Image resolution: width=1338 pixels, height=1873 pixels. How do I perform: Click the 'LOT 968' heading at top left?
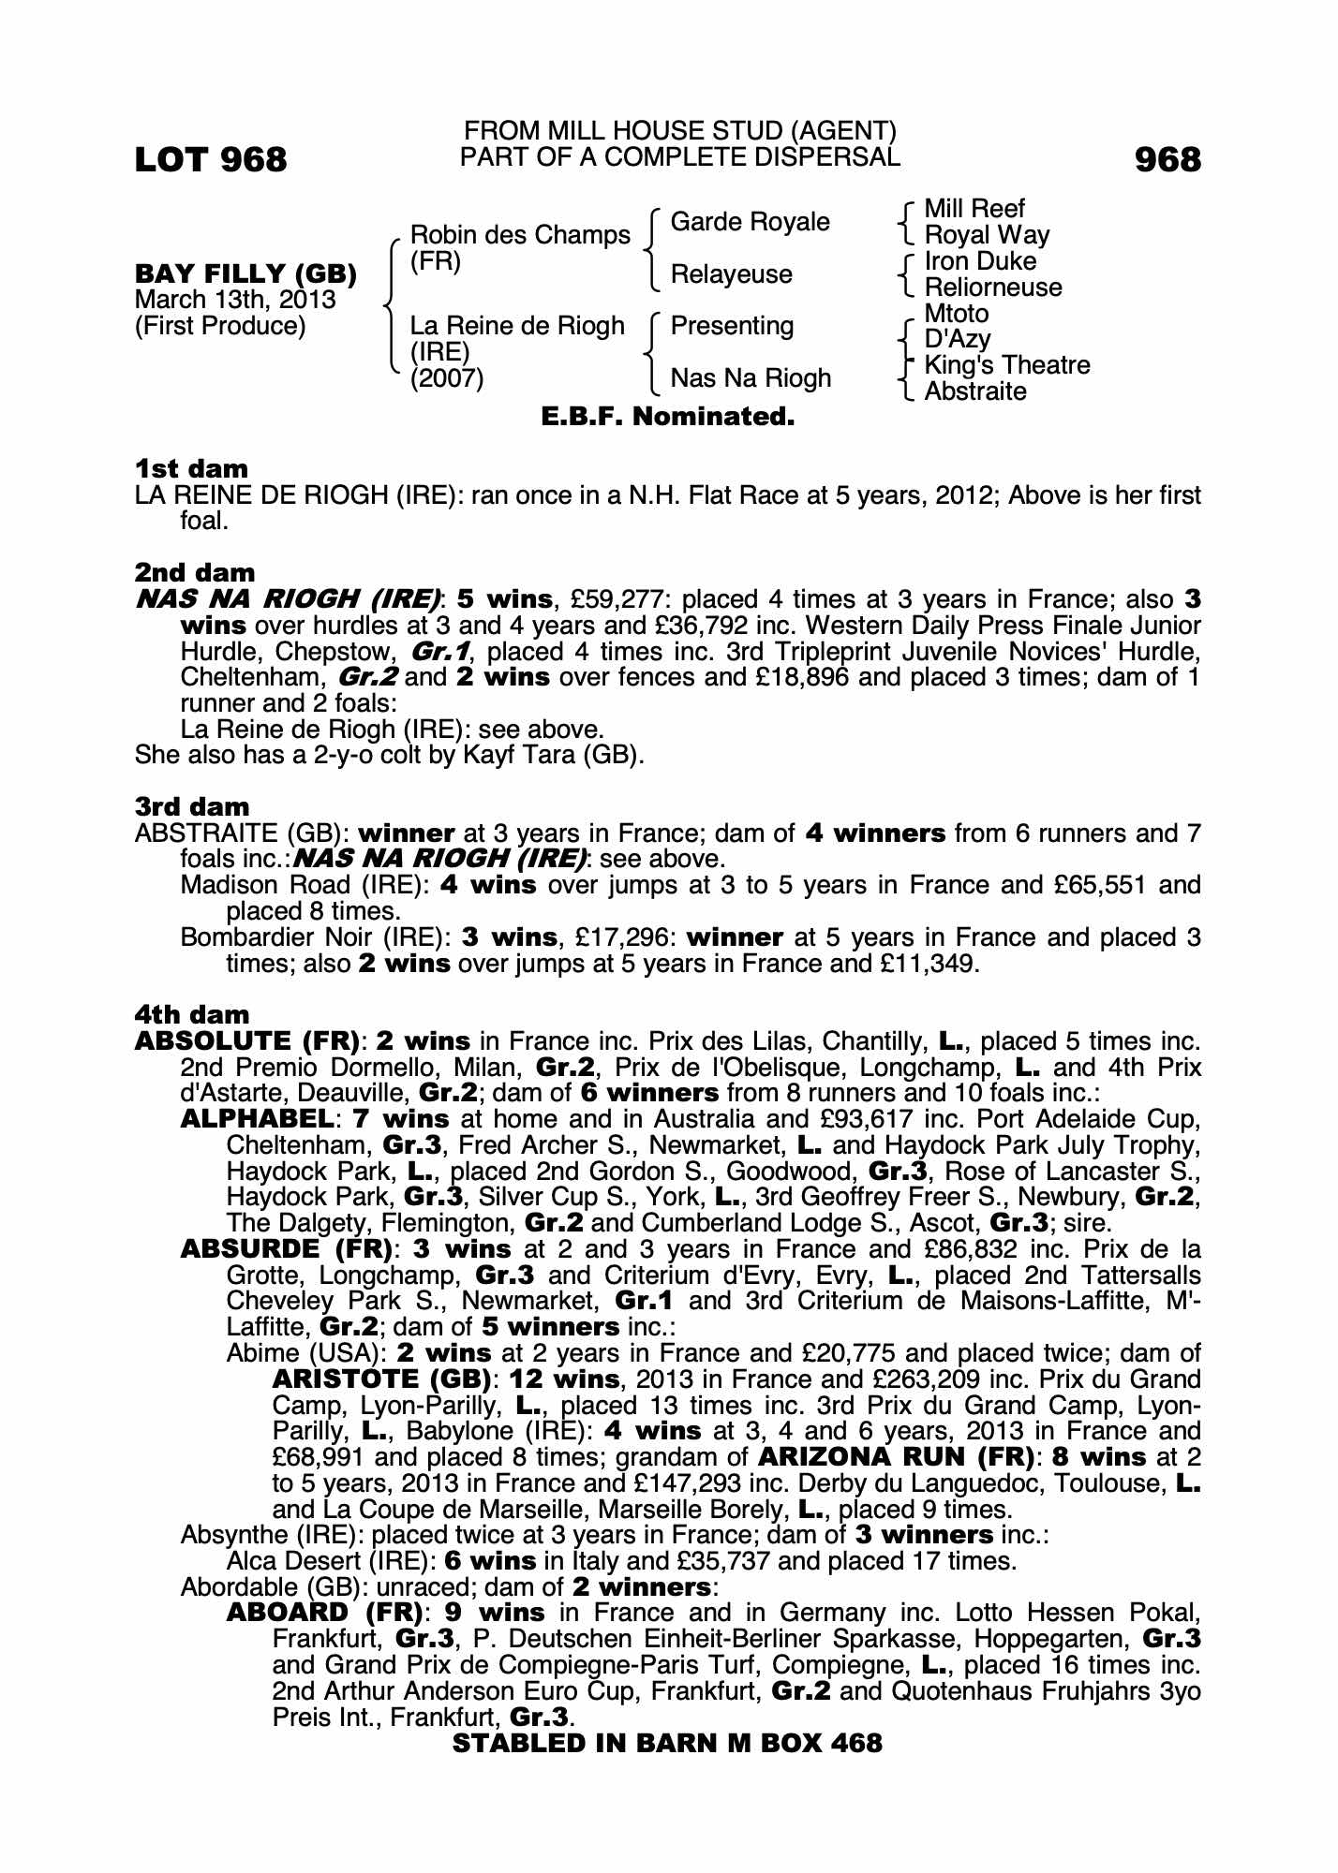point(211,160)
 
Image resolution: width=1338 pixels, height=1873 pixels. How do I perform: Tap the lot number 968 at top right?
point(1167,160)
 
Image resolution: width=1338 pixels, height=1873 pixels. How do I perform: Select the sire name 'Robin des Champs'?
point(520,235)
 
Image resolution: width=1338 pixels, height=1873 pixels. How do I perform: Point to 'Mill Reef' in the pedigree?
point(974,209)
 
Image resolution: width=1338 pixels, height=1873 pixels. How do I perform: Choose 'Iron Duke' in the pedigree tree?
point(980,261)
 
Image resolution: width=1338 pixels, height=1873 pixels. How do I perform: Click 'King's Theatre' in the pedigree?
point(1007,365)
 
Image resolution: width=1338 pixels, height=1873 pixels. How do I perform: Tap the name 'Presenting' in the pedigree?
point(732,326)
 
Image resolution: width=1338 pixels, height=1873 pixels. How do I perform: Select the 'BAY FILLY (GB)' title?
point(245,274)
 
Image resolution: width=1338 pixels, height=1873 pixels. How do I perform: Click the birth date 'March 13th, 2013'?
point(235,300)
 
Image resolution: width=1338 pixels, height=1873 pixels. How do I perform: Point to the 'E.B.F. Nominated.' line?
point(668,417)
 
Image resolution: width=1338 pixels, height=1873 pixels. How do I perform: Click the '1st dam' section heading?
point(192,468)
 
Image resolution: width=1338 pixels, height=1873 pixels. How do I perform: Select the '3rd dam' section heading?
point(192,806)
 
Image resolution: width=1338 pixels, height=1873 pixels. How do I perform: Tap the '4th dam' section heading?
point(192,1014)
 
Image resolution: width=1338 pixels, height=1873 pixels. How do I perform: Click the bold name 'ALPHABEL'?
point(257,1119)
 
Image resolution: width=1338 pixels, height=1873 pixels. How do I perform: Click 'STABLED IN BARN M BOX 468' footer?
point(667,1743)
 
